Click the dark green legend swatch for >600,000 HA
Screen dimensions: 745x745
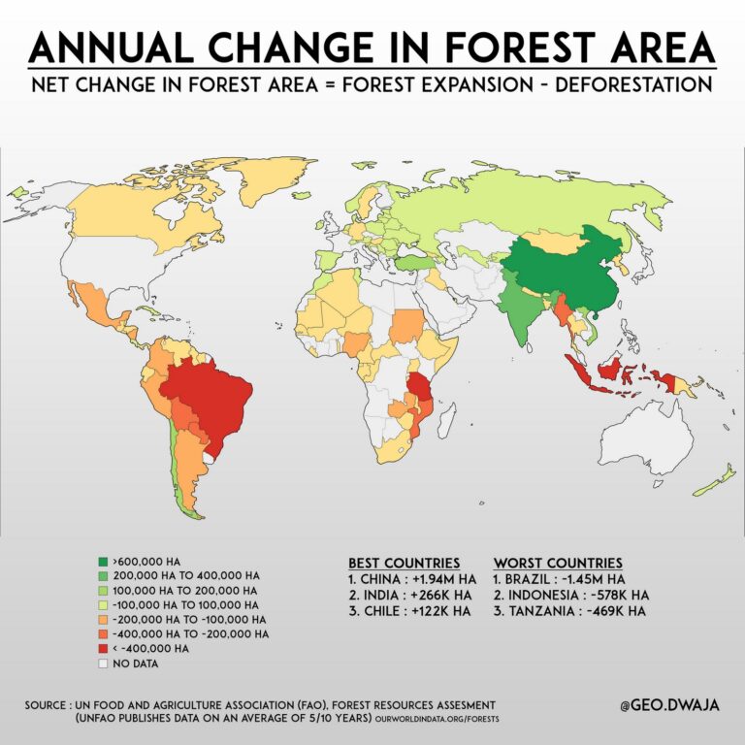(103, 562)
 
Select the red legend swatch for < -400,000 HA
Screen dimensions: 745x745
(103, 648)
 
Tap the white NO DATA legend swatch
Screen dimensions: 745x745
(103, 664)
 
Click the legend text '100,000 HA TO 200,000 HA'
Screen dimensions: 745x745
(185, 590)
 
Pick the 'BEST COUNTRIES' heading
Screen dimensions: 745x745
(404, 563)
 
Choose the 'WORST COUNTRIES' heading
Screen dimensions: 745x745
(558, 563)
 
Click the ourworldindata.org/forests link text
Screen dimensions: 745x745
(434, 719)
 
